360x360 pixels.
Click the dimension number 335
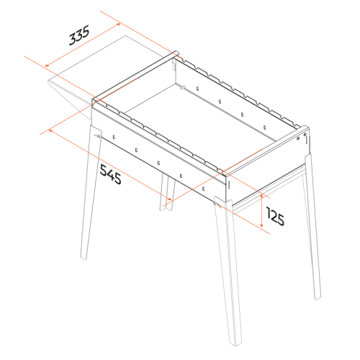pyautogui.click(x=79, y=35)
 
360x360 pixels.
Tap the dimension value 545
pyautogui.click(x=110, y=174)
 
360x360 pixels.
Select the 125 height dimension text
pyautogui.click(x=276, y=217)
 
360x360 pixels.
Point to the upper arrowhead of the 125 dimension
pyautogui.click(x=261, y=196)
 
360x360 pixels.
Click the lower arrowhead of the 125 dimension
pyautogui.click(x=261, y=225)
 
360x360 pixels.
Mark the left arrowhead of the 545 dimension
pyautogui.click(x=51, y=130)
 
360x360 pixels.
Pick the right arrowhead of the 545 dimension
pyautogui.click(x=169, y=199)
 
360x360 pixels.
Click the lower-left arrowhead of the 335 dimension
pyautogui.click(x=48, y=65)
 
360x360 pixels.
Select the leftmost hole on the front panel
pyautogui.click(x=114, y=137)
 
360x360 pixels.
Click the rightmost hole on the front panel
pyautogui.click(x=203, y=189)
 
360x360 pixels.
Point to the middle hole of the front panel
pyautogui.click(x=158, y=163)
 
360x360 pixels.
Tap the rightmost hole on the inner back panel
pyautogui.click(x=264, y=127)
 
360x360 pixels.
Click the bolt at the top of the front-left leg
pyautogui.click(x=98, y=136)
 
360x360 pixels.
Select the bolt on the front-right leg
pyautogui.click(x=215, y=204)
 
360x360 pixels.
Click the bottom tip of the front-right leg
pyautogui.click(x=235, y=345)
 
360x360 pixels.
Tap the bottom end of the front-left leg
pyautogui.click(x=83, y=258)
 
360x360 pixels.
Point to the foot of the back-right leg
pyautogui.click(x=318, y=298)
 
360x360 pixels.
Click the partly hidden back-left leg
pyautogui.click(x=168, y=192)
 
